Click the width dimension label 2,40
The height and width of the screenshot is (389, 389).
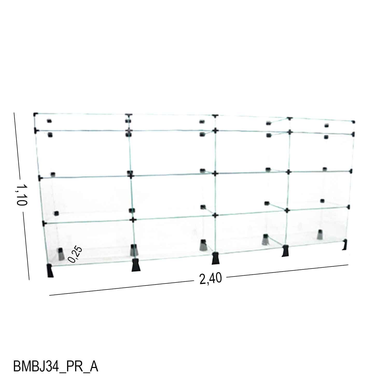point(210,279)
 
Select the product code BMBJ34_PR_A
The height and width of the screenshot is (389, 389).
point(55,366)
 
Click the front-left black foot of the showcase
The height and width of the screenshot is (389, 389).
point(50,270)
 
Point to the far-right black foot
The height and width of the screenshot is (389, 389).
point(345,245)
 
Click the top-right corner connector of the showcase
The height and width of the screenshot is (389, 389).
point(353,122)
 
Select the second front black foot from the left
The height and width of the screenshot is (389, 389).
point(136,265)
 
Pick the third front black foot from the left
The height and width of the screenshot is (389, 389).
point(216,258)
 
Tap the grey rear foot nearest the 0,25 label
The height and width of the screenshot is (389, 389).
point(61,254)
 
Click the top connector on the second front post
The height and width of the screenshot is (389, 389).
point(128,115)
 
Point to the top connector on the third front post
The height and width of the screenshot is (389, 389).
point(214,116)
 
